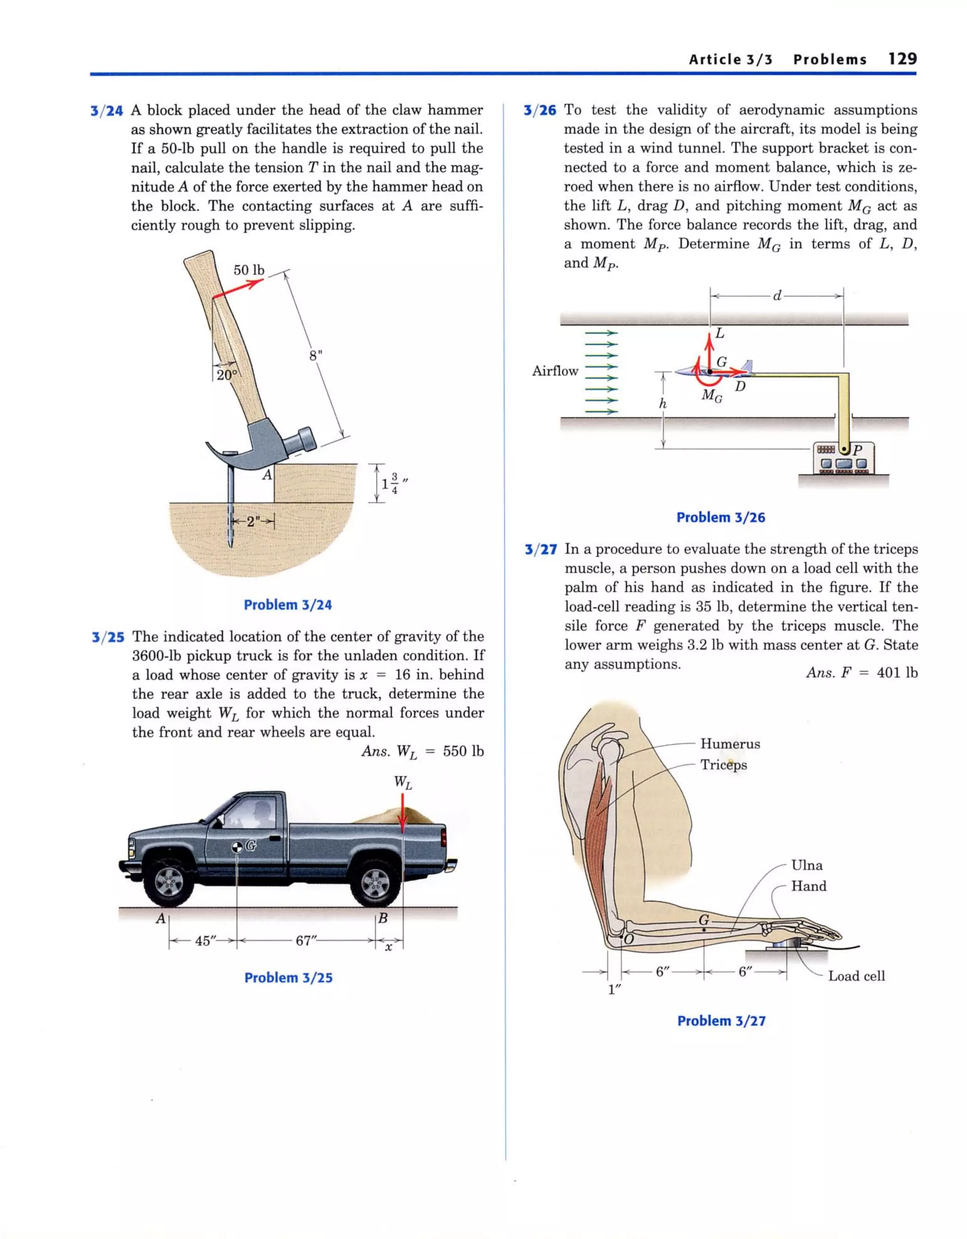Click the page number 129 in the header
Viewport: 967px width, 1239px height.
[x=902, y=59]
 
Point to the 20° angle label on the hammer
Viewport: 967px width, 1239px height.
[x=226, y=375]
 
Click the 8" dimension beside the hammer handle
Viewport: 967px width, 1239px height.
[x=315, y=356]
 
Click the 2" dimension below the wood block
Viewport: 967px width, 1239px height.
[x=253, y=521]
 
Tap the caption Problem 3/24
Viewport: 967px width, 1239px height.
[x=288, y=605]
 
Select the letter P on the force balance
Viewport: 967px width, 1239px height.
[x=857, y=450]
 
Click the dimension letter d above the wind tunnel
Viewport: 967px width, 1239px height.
[x=777, y=296]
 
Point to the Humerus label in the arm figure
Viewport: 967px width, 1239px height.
[x=730, y=744]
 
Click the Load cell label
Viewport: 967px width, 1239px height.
[x=856, y=976]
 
